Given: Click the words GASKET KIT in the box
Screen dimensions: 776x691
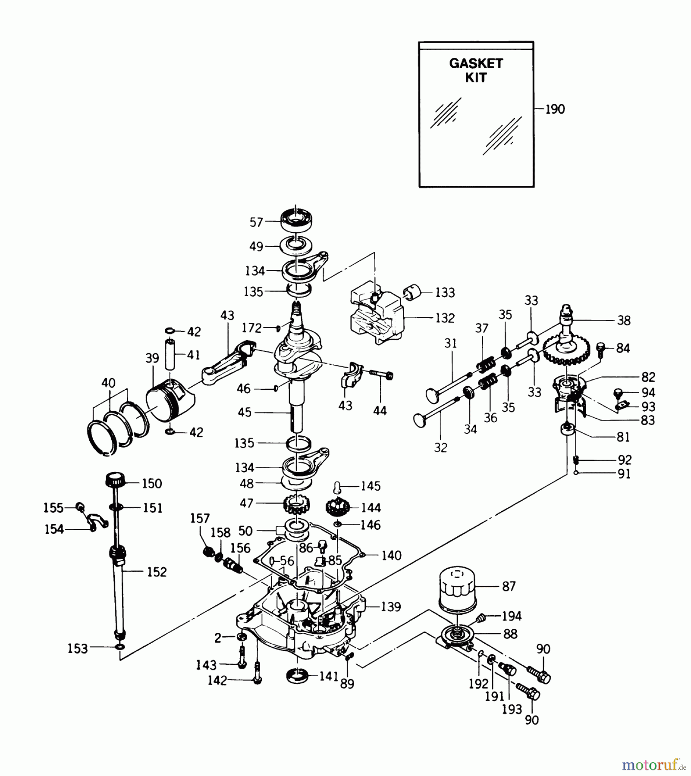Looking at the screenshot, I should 476,71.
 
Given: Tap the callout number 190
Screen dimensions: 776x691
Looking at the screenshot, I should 555,110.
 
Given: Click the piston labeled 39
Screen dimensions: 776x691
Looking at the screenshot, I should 169,400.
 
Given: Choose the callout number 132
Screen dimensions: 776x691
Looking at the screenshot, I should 445,318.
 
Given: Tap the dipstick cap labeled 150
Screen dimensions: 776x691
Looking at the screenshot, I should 115,479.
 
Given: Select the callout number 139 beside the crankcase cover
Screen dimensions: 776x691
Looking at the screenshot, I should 391,607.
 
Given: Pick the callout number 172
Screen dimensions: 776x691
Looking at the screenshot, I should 252,329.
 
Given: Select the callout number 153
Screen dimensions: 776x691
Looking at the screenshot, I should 78,648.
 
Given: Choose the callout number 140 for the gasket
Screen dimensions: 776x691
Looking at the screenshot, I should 391,555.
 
